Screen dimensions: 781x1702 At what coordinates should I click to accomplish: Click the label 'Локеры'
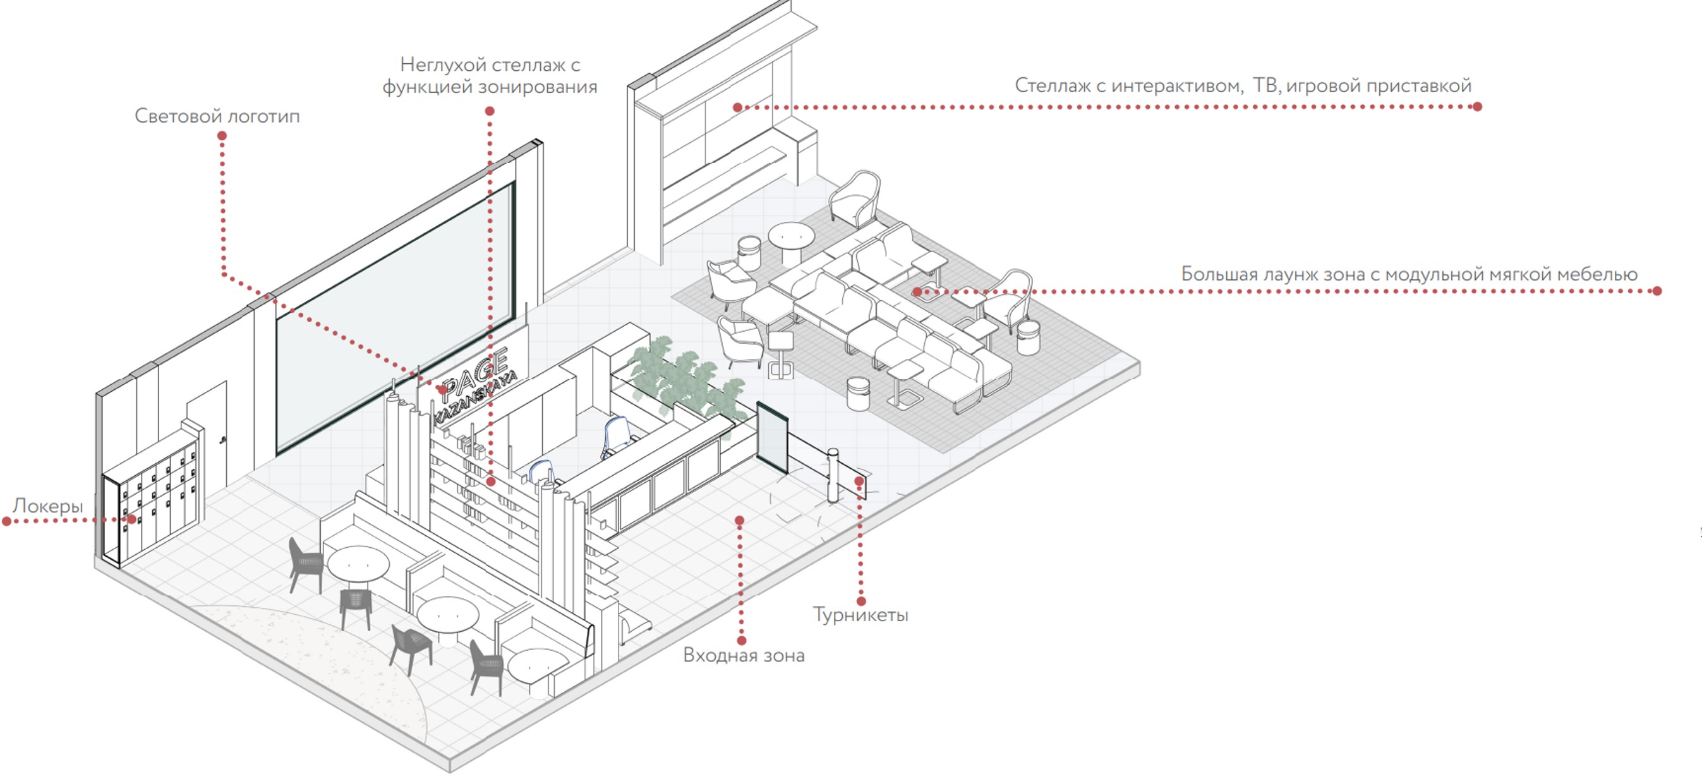[x=47, y=506]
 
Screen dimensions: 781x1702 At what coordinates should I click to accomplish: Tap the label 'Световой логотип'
[x=217, y=116]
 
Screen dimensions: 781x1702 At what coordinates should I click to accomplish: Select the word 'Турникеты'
[x=860, y=615]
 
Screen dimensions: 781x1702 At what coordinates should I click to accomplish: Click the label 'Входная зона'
[x=744, y=655]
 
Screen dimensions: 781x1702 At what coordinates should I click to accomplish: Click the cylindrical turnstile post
[x=833, y=475]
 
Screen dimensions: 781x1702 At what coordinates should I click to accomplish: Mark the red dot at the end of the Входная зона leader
[x=741, y=640]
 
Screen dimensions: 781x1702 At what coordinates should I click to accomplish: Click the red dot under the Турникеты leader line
[x=861, y=602]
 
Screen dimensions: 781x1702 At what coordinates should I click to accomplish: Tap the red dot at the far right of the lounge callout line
[x=1657, y=291]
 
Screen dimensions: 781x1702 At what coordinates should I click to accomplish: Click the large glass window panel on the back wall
[x=395, y=317]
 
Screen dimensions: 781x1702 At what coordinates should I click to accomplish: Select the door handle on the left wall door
[x=222, y=438]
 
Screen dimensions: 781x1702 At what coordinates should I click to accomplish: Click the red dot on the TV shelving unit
[x=737, y=107]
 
